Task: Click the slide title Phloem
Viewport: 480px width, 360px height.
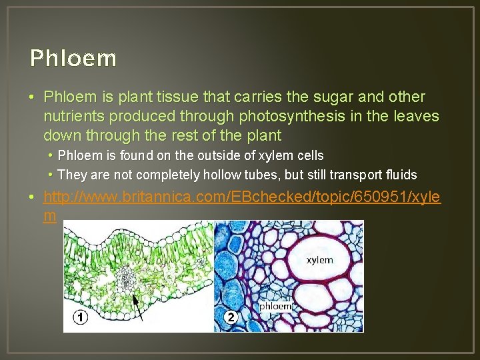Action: click(x=73, y=59)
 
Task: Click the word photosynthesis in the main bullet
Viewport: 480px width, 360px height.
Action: click(x=289, y=117)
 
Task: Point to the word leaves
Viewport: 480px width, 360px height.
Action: click(x=414, y=117)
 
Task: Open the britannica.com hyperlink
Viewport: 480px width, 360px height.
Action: click(x=240, y=197)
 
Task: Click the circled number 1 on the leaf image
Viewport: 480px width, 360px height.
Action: click(x=80, y=317)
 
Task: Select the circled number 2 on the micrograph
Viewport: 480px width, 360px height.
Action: click(x=231, y=317)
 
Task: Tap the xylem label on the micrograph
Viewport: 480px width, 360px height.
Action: click(x=319, y=260)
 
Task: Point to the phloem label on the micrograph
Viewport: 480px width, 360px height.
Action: click(x=275, y=306)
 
